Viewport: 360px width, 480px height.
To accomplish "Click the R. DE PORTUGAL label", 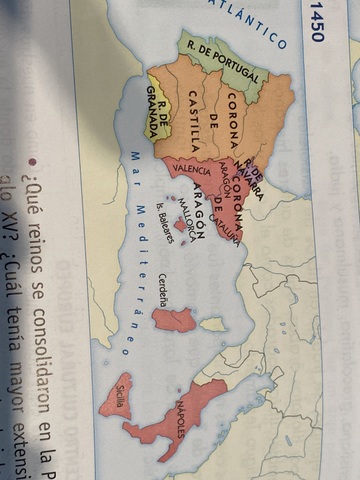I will tap(222, 59).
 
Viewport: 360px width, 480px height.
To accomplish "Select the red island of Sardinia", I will tap(174, 319).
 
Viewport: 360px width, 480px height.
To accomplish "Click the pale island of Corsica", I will tap(213, 325).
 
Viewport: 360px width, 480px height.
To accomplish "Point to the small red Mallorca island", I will tap(180, 225).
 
